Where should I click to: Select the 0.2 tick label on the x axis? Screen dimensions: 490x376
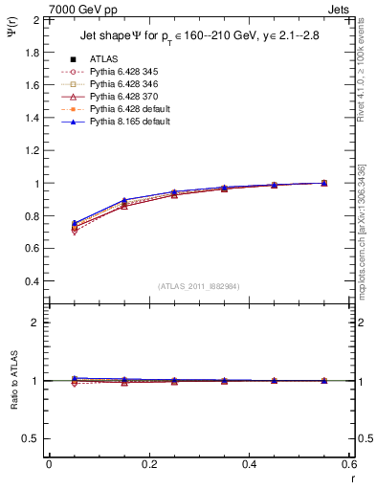148,463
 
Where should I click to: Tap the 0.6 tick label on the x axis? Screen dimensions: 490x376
348,463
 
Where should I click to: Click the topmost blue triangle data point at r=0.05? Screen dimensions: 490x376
75,223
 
